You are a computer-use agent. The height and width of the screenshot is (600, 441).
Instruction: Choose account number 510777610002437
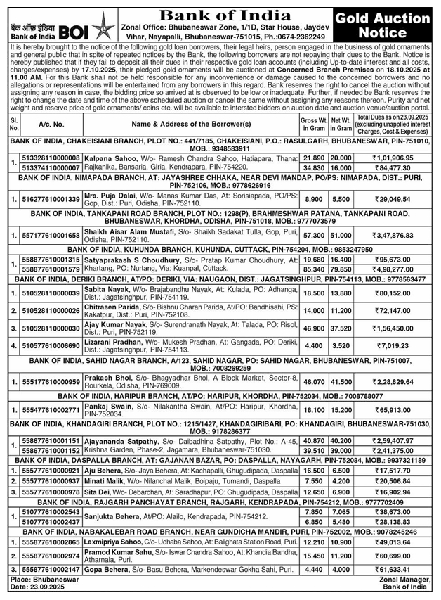coord(51,523)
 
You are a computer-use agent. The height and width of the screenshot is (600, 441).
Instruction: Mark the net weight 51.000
coord(341,235)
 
